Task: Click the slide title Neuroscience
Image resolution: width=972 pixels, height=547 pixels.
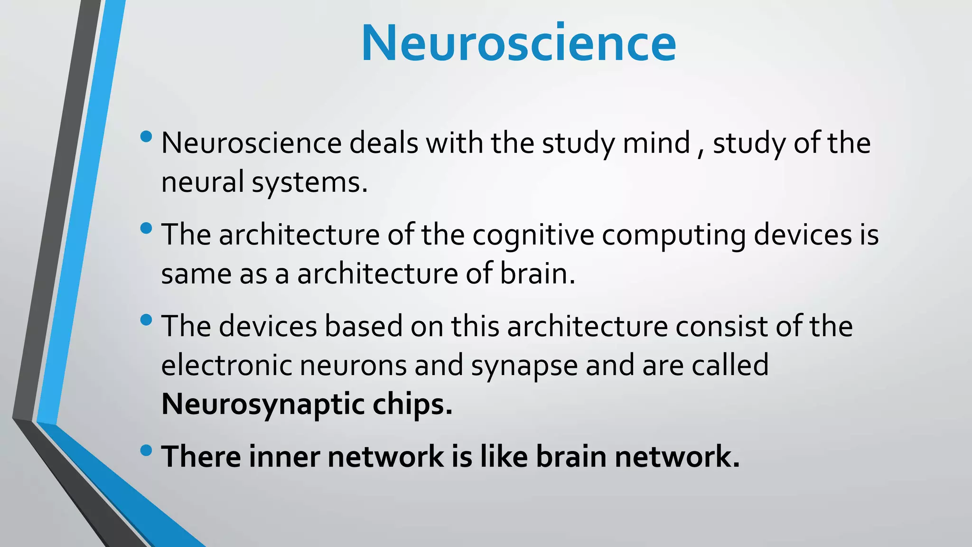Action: click(x=518, y=43)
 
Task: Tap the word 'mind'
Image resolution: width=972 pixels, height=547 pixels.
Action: click(x=656, y=143)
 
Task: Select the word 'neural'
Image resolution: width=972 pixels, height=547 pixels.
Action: click(x=203, y=182)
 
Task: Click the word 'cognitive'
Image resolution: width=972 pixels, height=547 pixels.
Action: click(x=533, y=235)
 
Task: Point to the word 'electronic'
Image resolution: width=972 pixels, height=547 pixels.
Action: click(x=226, y=365)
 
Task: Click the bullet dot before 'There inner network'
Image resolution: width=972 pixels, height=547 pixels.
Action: click(x=147, y=450)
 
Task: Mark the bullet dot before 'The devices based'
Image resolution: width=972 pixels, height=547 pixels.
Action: click(x=147, y=320)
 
